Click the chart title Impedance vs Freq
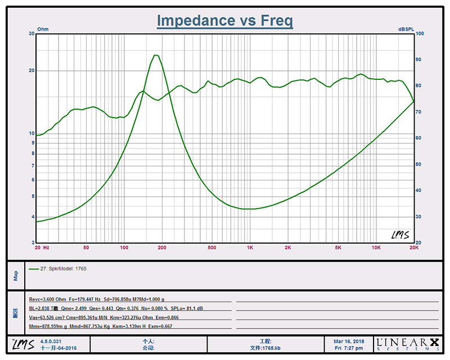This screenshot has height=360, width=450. coord(224,21)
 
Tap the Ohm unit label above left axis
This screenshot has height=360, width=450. coord(43,29)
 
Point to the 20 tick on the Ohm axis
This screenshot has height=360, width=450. coord(32,71)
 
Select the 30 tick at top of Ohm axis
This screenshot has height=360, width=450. coord(32,34)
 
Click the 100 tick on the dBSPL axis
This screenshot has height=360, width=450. coord(419,34)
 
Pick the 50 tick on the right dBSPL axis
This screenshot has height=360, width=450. coord(419,164)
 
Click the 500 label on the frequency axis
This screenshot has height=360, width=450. coord(212,247)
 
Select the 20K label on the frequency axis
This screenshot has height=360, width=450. coord(414,247)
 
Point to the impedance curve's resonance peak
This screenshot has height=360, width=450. coord(156,55)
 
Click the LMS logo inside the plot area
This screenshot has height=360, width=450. coord(400,235)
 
